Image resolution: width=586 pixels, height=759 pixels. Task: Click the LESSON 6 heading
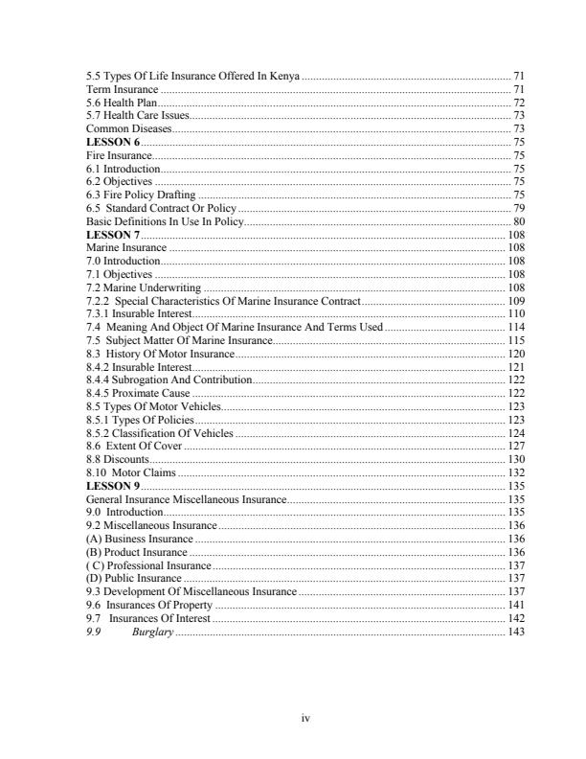113,142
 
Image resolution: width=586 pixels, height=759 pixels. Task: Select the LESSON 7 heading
113,235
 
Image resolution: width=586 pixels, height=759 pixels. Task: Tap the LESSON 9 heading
113,487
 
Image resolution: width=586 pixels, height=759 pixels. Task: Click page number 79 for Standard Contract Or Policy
518,208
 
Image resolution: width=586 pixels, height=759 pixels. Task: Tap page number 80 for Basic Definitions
518,221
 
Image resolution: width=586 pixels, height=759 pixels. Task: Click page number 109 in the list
515,301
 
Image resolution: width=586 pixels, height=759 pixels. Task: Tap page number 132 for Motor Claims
515,473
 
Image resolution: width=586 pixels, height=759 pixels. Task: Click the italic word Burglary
152,632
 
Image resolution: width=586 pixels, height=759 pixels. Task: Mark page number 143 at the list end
515,632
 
